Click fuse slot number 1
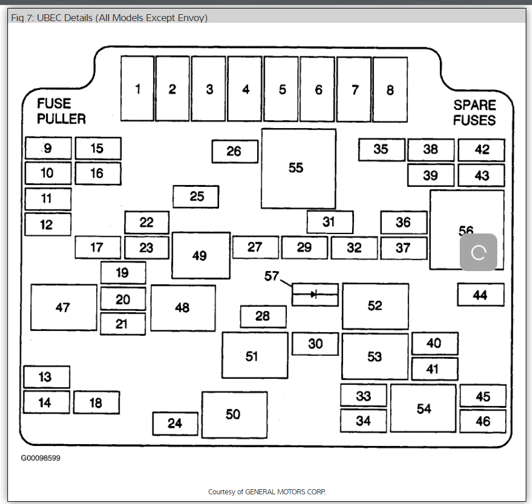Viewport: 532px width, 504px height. click(x=137, y=89)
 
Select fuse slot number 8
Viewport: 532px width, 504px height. click(x=390, y=89)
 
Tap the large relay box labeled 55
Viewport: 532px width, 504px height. click(x=298, y=169)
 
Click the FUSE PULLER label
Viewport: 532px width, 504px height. click(x=61, y=111)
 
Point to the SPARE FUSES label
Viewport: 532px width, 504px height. click(x=475, y=113)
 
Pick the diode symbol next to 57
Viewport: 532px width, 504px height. click(x=315, y=294)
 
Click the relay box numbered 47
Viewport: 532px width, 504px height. click(x=63, y=308)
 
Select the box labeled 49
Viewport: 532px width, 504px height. click(x=200, y=256)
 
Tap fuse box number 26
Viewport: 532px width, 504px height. click(x=234, y=151)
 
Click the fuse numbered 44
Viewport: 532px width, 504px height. click(x=480, y=295)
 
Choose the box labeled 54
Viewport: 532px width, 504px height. click(x=423, y=409)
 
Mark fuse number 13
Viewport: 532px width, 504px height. click(x=46, y=377)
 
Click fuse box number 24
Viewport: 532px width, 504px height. click(x=175, y=424)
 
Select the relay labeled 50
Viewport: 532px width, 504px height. click(x=234, y=415)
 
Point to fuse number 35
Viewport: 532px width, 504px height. click(x=381, y=149)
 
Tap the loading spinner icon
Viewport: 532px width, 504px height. click(x=479, y=252)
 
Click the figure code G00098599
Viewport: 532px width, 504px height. click(x=40, y=458)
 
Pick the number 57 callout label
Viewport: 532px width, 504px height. click(x=271, y=276)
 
